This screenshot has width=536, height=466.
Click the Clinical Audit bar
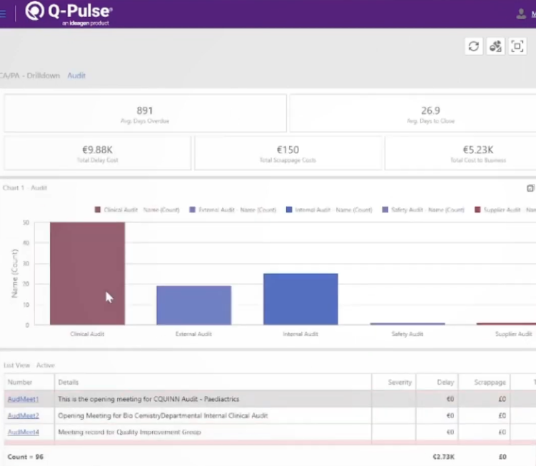point(87,274)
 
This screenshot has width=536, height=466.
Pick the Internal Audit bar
point(300,299)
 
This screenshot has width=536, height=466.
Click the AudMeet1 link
point(23,399)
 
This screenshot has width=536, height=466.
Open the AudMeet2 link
point(23,415)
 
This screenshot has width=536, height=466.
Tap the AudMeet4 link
point(23,432)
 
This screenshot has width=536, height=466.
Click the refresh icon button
point(473,46)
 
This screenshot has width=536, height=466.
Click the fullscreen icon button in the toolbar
point(517,46)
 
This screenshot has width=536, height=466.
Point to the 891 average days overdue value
point(145,110)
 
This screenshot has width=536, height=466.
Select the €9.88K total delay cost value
point(98,150)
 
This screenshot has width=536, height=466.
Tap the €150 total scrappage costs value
point(288,150)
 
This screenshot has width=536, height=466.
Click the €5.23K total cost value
point(477,150)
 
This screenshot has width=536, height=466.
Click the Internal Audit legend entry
point(329,210)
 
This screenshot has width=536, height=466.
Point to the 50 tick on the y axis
point(26,223)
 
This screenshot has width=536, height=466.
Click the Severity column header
point(400,383)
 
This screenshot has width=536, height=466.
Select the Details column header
point(69,383)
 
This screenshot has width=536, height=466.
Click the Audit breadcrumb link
point(76,76)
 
